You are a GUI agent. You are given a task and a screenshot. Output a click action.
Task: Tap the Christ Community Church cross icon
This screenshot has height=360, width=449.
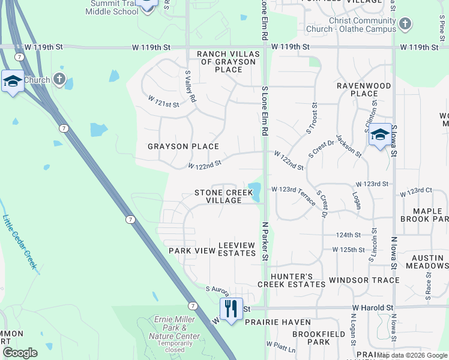pyautogui.click(x=406, y=24)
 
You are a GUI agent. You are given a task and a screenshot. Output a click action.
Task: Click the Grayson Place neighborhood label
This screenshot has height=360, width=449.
pyautogui.click(x=183, y=146)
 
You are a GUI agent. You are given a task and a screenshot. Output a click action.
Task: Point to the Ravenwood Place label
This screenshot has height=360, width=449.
pyautogui.click(x=364, y=89)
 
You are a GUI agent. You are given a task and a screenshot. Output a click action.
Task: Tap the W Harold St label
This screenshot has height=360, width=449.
pyautogui.click(x=372, y=307)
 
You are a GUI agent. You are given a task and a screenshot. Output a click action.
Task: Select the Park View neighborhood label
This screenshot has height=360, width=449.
pyautogui.click(x=191, y=250)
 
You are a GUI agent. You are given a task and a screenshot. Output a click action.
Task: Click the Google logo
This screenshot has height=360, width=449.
pyautogui.click(x=20, y=353)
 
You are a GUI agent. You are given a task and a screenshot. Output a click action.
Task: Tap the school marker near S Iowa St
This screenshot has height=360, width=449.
pyautogui.click(x=380, y=135)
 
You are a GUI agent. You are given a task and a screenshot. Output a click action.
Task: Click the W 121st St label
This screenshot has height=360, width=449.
pyautogui.click(x=164, y=103)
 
